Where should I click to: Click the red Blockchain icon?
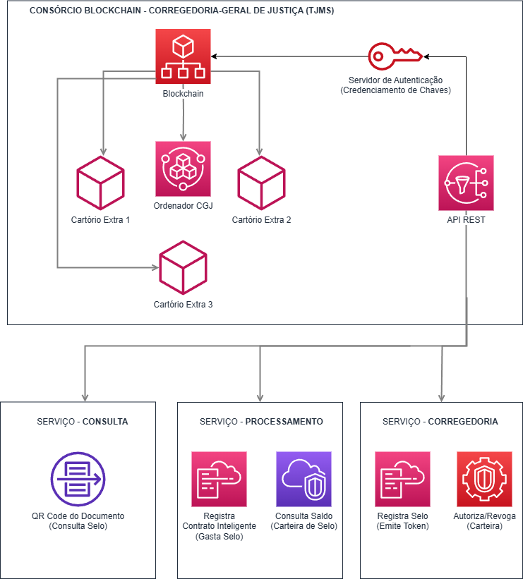(183, 56)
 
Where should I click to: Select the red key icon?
(395, 56)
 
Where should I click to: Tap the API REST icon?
(466, 183)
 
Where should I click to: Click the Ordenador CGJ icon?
(183, 169)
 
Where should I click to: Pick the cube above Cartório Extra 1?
(100, 183)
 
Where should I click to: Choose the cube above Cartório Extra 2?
(261, 183)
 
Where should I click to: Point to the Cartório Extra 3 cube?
(183, 268)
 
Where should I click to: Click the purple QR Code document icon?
(78, 479)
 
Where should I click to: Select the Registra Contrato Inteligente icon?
(219, 479)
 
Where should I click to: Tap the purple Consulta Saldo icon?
(303, 479)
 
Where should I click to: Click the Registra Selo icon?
(402, 479)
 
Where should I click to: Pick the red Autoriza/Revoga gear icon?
(485, 479)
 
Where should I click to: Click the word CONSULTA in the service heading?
(105, 422)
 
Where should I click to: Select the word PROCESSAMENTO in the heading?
(284, 422)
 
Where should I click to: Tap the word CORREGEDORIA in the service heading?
(463, 422)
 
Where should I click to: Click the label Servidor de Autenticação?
(395, 80)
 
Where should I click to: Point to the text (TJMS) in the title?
(320, 11)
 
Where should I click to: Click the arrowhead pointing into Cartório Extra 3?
(155, 268)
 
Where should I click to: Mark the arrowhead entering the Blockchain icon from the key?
(215, 56)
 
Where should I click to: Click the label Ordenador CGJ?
(183, 206)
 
